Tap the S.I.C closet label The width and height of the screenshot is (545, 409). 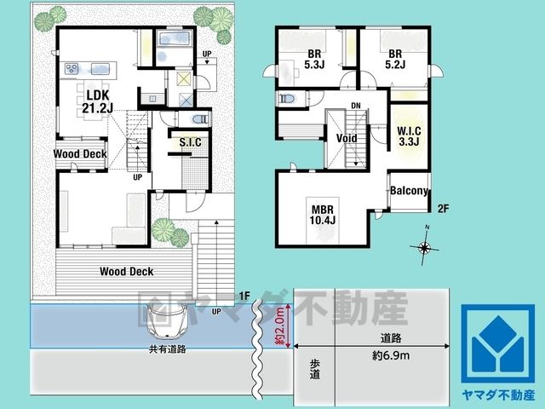(190, 142)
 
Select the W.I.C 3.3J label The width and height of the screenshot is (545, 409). (409, 136)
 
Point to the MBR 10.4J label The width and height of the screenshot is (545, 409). (323, 215)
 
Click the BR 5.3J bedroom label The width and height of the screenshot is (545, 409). (314, 60)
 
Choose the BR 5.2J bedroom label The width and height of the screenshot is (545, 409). (395, 59)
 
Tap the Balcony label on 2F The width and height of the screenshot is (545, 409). (409, 191)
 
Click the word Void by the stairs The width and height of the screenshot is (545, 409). (347, 138)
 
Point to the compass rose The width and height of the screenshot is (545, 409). (424, 247)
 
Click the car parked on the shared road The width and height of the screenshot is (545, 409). (167, 320)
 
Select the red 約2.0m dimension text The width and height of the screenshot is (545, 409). (280, 325)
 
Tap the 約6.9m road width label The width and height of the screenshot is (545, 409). (391, 355)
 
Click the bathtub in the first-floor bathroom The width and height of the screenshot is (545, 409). (175, 38)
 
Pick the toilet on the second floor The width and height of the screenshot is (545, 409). (286, 99)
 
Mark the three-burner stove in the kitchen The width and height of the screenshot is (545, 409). (72, 68)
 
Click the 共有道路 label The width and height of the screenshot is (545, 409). (167, 349)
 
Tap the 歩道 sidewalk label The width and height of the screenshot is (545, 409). (315, 369)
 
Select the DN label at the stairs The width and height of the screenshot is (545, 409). (356, 106)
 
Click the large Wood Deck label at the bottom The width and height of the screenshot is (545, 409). (127, 272)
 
